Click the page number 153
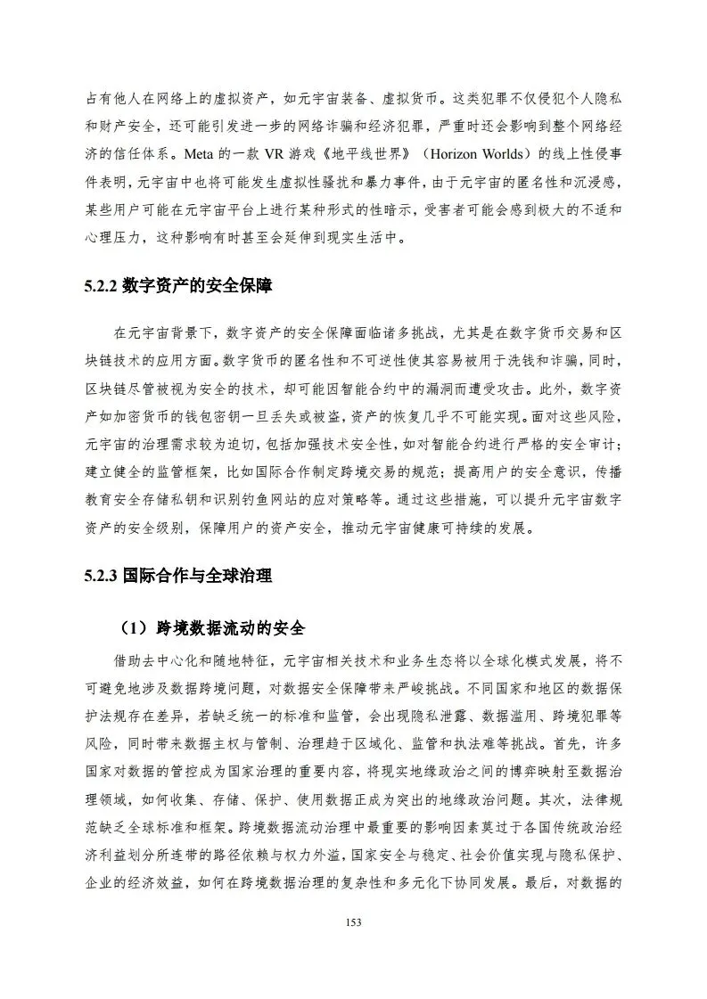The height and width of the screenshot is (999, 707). (353, 921)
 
